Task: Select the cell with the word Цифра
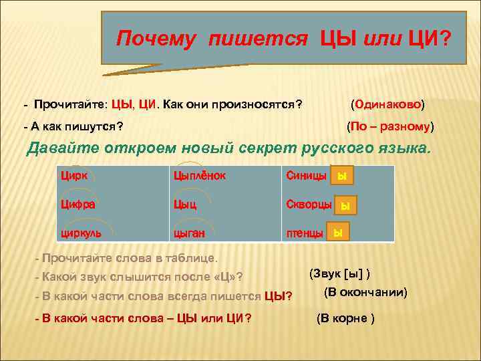[77, 205]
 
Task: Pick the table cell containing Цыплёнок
[199, 176]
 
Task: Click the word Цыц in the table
[184, 205]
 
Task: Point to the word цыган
[188, 233]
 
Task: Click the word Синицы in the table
[306, 176]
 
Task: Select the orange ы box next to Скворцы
[345, 205]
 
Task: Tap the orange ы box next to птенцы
[338, 233]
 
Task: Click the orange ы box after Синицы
[342, 176]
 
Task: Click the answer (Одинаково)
[388, 104]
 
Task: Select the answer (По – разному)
[390, 126]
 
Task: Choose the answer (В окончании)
[365, 293]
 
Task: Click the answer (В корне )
[345, 318]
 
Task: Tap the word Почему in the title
[156, 38]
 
